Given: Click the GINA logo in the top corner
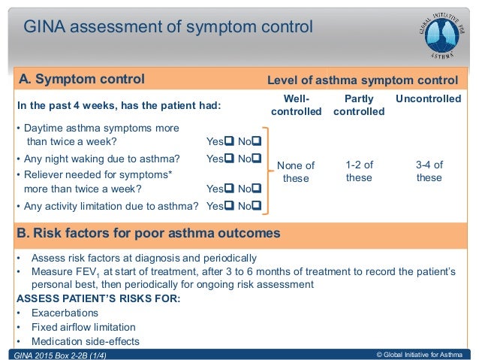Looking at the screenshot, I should [442, 32].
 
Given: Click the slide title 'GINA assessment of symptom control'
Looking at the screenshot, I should [167, 29].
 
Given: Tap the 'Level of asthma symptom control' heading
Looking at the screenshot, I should [363, 80].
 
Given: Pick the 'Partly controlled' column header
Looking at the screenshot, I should [358, 105].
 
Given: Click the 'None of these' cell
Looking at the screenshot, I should [295, 172].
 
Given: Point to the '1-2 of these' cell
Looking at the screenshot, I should [358, 171].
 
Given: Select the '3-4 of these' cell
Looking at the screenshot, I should [429, 171].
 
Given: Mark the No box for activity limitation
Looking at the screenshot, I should [257, 205].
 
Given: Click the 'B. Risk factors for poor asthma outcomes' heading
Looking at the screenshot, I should [149, 233].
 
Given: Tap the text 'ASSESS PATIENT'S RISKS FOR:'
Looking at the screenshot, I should [98, 298].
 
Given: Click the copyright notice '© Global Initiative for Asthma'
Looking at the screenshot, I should [420, 354].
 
